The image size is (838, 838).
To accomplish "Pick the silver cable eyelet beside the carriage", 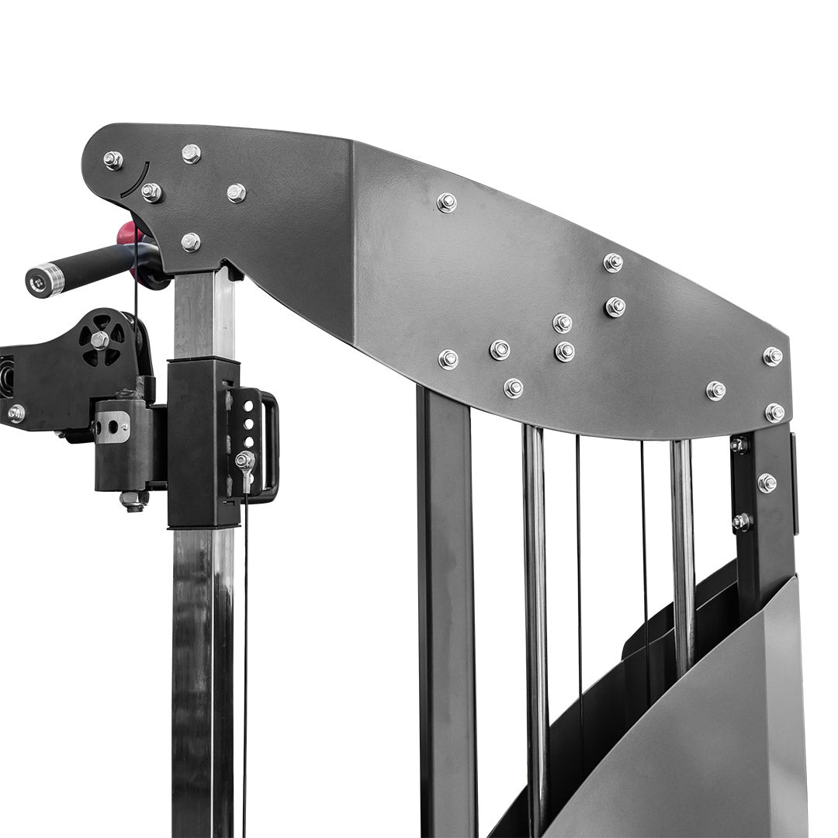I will [245, 461].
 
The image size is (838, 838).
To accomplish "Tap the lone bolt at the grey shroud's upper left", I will [446, 203].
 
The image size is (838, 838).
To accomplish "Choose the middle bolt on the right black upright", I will [767, 483].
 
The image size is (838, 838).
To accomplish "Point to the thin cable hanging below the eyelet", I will [245, 660].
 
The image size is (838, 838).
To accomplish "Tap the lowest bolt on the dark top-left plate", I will [191, 242].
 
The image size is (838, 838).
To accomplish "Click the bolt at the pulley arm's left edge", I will [16, 414].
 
